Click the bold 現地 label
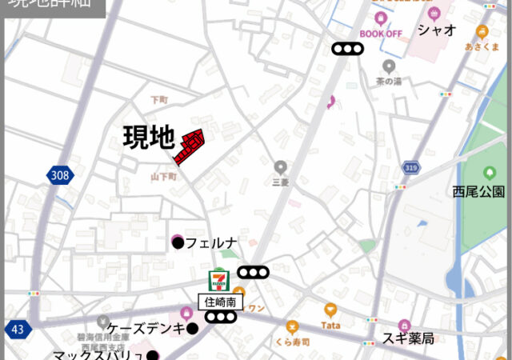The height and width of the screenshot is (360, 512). (x=149, y=138)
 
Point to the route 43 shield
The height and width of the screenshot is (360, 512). (x=17, y=329)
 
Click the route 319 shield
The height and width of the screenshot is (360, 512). (x=412, y=168)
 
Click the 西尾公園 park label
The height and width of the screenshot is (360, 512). (x=478, y=192)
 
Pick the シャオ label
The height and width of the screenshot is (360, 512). (x=437, y=30)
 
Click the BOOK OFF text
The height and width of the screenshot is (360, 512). (x=380, y=34)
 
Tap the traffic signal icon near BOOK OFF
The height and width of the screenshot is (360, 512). (x=348, y=50)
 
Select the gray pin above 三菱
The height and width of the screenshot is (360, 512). (x=280, y=167)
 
